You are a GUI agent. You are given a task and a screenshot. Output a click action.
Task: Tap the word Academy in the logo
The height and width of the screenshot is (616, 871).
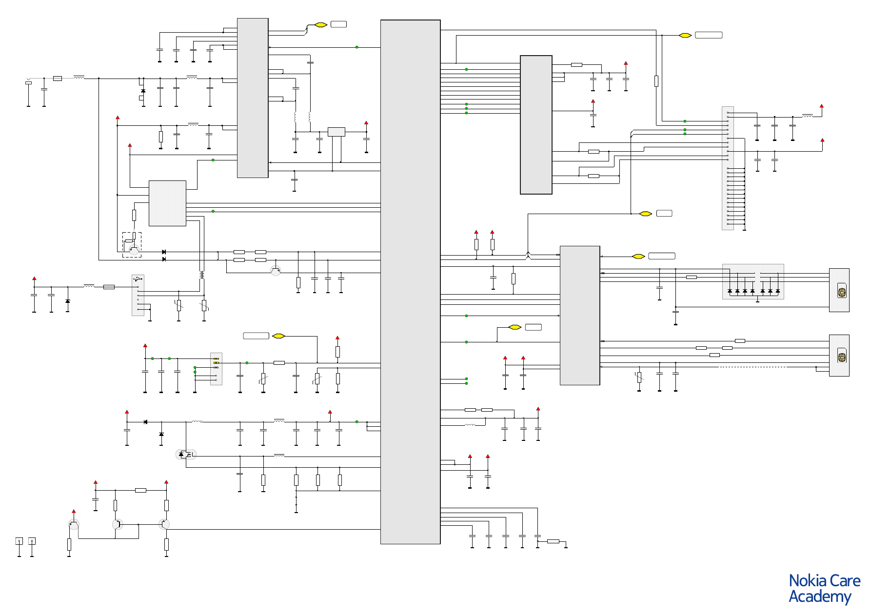pos(820,596)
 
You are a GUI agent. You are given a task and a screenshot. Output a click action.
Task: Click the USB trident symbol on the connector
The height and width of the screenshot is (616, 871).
pos(138,279)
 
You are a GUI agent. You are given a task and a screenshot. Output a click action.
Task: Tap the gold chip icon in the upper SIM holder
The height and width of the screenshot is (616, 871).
pos(842,293)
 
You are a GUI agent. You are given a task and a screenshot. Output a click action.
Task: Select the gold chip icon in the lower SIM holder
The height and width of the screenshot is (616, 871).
pos(842,357)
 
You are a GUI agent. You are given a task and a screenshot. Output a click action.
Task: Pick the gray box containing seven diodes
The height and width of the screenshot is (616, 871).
pos(752,281)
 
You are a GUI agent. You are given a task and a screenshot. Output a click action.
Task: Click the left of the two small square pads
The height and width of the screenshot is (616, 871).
pos(19,541)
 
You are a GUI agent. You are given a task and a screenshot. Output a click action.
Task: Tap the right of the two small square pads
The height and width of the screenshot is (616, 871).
pos(32,541)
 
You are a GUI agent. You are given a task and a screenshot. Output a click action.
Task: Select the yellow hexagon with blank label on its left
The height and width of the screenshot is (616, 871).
pos(278,336)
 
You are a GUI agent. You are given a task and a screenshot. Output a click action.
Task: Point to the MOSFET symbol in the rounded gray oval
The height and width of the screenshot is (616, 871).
pos(186,455)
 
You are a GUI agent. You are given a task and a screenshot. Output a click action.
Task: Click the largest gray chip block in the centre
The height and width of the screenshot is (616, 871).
pos(410,281)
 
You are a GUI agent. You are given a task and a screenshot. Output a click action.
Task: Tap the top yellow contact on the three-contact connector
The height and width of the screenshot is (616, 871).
pos(216,358)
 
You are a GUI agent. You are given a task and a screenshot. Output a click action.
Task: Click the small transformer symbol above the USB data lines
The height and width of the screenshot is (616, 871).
pos(202,275)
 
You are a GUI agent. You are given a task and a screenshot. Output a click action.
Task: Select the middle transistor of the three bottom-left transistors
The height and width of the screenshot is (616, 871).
pos(118,524)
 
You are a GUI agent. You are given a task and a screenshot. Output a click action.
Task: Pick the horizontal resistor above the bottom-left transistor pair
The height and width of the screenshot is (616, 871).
pos(140,490)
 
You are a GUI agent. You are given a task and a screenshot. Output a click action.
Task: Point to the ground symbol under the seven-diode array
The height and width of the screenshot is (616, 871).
pos(757,301)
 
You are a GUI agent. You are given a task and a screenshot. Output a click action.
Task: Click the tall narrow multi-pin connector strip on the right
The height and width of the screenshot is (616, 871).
pos(728,168)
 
